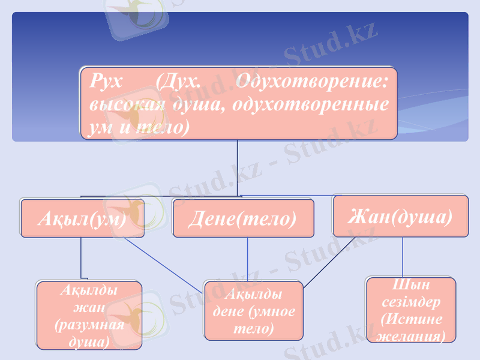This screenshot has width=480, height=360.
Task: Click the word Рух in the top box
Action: click(105, 82)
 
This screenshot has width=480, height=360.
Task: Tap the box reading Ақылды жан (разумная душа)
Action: click(89, 316)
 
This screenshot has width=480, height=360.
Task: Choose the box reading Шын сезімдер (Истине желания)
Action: click(411, 310)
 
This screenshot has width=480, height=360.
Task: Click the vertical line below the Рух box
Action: click(238, 168)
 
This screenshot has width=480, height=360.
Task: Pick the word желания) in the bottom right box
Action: click(411, 337)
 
